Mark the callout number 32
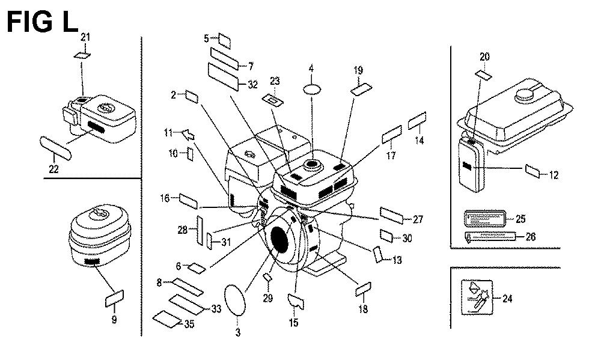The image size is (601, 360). [252, 85]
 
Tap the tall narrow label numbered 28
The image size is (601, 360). [196, 230]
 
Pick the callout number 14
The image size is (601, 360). [419, 140]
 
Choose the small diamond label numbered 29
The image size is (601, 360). [269, 277]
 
